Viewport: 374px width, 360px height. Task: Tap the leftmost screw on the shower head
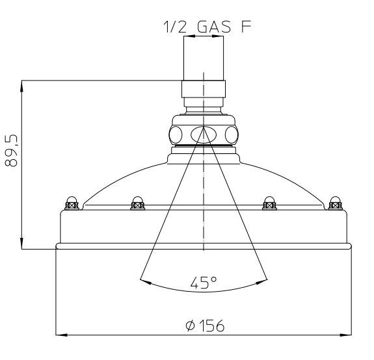(x=72, y=203)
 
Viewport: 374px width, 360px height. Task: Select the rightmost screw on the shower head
(x=334, y=203)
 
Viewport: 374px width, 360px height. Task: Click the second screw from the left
(x=138, y=203)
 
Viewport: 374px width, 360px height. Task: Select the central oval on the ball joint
(x=204, y=135)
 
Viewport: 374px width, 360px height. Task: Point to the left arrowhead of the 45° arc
(x=144, y=281)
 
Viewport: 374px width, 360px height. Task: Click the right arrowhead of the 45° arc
(x=264, y=281)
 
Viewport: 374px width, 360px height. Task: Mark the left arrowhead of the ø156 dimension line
(x=60, y=335)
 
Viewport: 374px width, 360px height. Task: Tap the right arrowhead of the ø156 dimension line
(x=347, y=335)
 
